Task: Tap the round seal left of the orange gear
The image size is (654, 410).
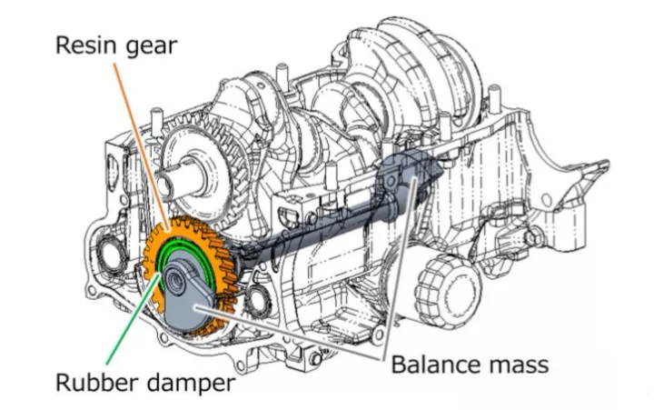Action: click(110, 254)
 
